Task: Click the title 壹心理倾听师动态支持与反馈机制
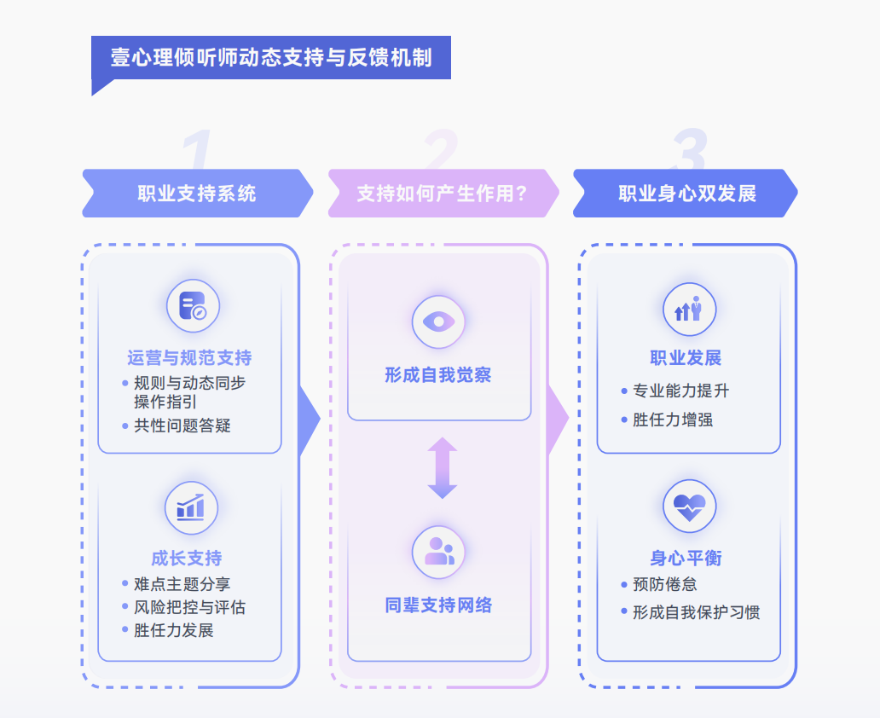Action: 270,58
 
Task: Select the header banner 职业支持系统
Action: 197,194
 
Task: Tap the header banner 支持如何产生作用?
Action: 443,194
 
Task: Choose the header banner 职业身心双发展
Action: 687,194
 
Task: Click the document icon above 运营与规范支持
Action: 193,306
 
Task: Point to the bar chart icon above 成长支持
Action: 191,508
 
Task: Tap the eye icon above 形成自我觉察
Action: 438,322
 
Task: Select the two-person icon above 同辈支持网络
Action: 438,552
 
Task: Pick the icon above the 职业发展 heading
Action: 689,310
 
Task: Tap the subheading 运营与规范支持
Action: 189,358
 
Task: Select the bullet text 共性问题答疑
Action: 182,426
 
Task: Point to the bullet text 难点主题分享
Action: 182,584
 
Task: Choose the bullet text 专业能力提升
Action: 680,391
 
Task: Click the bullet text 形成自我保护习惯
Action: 696,612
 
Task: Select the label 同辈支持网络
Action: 438,606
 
